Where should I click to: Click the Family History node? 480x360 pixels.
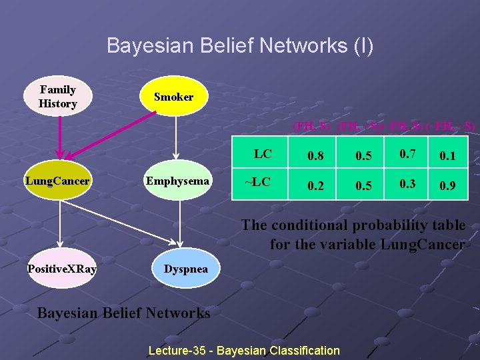[57, 97]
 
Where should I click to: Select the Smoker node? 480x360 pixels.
[173, 97]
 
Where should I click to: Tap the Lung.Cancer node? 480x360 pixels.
[57, 181]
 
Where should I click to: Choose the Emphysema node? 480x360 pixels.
[177, 181]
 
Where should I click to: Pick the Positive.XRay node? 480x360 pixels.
[61, 269]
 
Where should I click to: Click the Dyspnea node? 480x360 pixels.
[185, 269]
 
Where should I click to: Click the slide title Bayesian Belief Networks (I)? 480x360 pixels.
[240, 46]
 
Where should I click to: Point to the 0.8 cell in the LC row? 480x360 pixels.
[316, 156]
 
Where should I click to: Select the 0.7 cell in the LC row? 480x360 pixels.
[409, 155]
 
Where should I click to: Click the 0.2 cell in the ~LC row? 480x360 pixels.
[316, 186]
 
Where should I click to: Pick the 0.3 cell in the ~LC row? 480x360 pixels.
[409, 185]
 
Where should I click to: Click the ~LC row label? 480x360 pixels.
[257, 181]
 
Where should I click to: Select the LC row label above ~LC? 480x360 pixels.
[263, 154]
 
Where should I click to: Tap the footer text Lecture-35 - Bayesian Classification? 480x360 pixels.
[244, 350]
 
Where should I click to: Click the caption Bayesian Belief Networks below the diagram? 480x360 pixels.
[123, 313]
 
